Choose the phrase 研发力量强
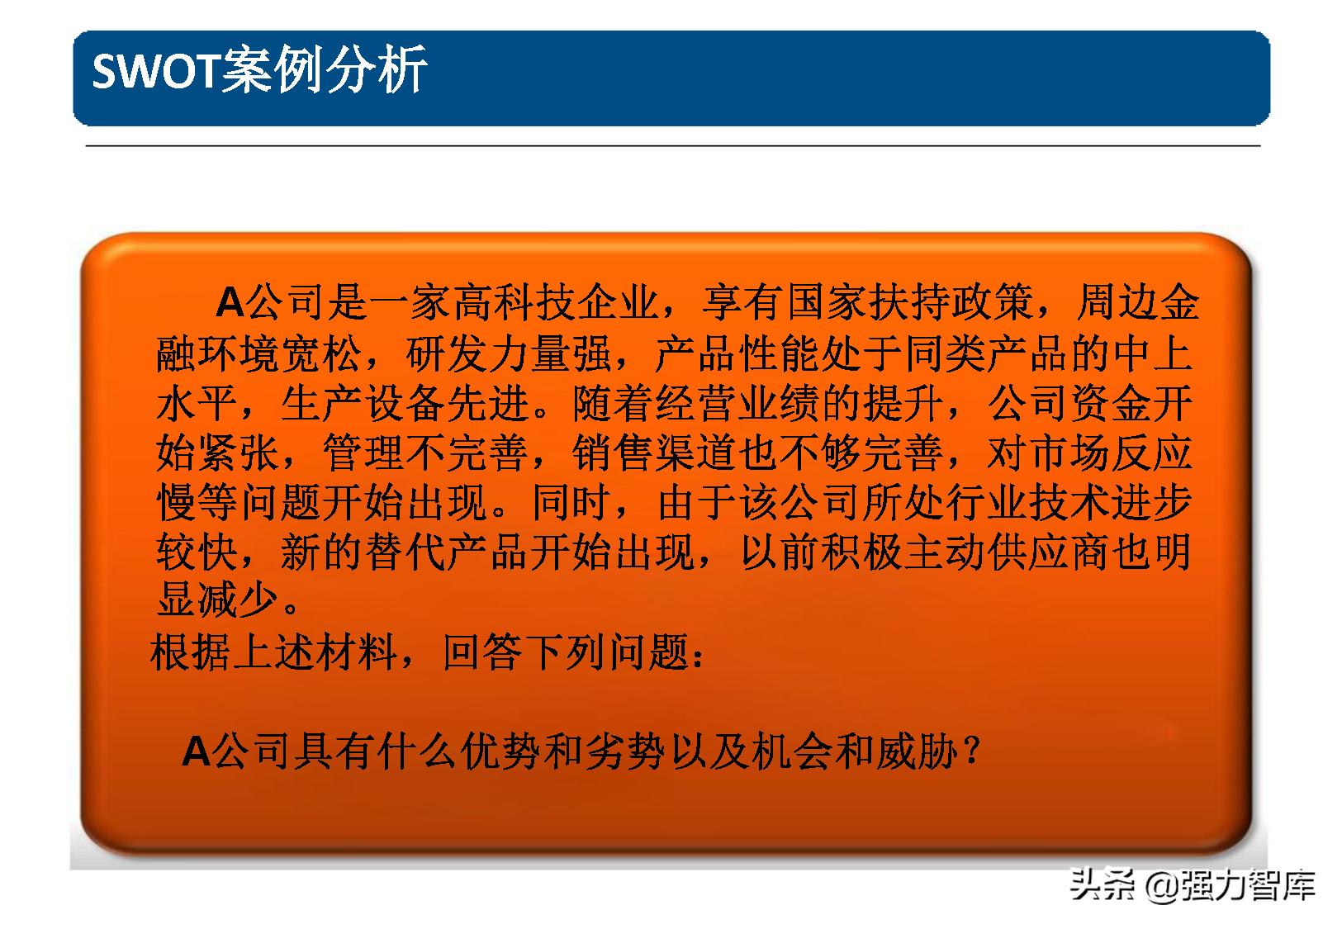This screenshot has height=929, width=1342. [x=508, y=354]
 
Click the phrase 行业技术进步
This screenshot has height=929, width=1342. [x=1069, y=503]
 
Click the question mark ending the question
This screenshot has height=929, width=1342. [x=972, y=752]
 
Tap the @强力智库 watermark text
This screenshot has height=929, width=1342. [x=1231, y=886]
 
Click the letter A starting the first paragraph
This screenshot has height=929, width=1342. [x=230, y=304]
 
